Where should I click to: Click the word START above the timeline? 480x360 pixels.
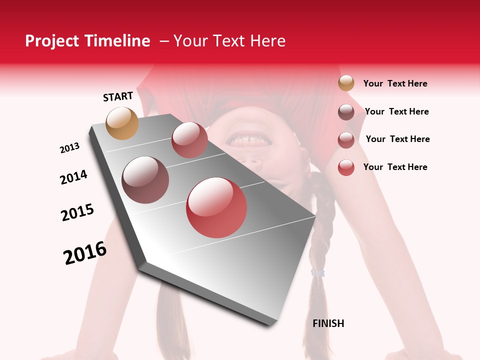pyautogui.click(x=118, y=96)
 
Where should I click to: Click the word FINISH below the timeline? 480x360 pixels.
pyautogui.click(x=328, y=323)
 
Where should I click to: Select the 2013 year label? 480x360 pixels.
pyautogui.click(x=70, y=148)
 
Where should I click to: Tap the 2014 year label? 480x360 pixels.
pyautogui.click(x=73, y=177)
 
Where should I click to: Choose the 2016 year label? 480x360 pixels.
pyautogui.click(x=85, y=253)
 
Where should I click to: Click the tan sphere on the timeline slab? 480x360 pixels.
pyautogui.click(x=122, y=123)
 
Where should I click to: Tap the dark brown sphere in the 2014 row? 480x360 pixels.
pyautogui.click(x=145, y=180)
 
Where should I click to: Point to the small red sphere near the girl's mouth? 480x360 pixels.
pyautogui.click(x=189, y=140)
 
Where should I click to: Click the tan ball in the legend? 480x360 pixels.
pyautogui.click(x=346, y=83)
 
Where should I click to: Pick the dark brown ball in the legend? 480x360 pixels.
pyautogui.click(x=346, y=112)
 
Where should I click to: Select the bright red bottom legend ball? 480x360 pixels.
pyautogui.click(x=346, y=167)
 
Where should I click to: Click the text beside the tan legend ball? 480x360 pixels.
pyautogui.click(x=395, y=84)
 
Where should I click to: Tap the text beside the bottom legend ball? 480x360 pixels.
pyautogui.click(x=395, y=167)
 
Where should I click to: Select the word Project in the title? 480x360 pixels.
pyautogui.click(x=51, y=41)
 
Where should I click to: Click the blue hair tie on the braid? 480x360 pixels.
pyautogui.click(x=318, y=273)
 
